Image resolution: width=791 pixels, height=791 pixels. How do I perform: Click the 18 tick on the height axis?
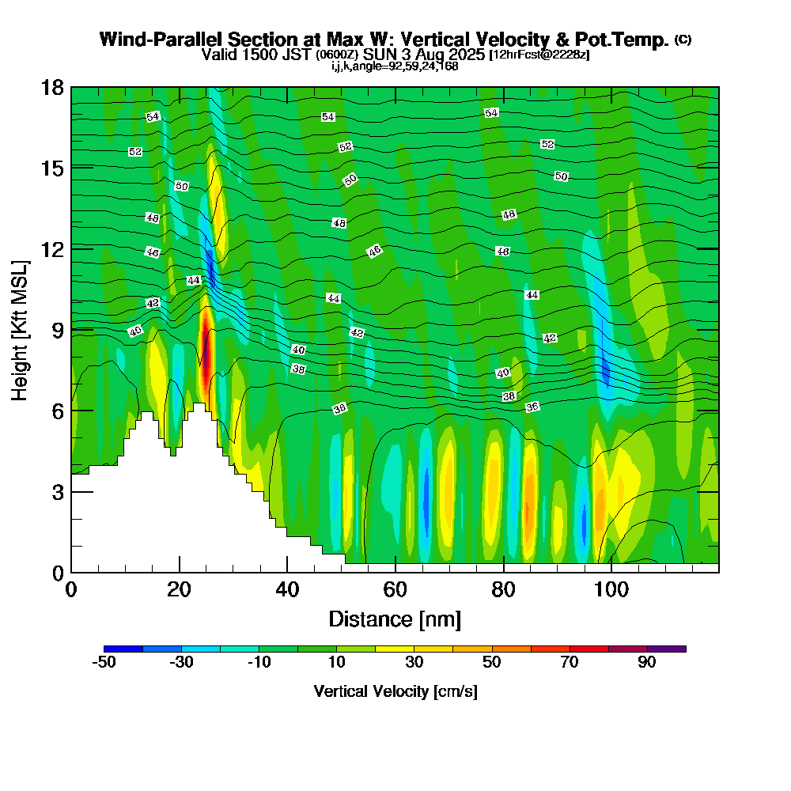click(x=71, y=86)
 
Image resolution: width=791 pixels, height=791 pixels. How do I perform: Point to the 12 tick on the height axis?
click(x=71, y=248)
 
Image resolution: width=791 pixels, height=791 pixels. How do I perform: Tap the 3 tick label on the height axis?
click(x=56, y=491)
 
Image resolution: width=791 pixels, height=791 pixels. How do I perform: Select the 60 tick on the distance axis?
click(x=395, y=572)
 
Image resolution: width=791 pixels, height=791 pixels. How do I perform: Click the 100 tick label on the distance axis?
click(x=611, y=590)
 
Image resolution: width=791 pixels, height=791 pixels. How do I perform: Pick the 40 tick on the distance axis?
click(x=287, y=572)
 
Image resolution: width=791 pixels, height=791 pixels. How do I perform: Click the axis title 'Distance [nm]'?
click(x=395, y=619)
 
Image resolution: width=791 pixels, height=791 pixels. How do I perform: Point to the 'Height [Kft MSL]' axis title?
click(x=20, y=329)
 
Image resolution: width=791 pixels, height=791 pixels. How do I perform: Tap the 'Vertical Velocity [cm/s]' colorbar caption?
click(x=395, y=691)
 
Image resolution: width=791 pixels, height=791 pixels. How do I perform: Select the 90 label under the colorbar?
click(x=647, y=663)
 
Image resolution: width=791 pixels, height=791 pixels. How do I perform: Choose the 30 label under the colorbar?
click(x=414, y=663)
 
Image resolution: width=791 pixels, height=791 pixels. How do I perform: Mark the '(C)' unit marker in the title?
click(x=683, y=40)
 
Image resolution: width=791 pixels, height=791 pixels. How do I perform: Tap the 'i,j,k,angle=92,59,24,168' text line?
click(x=395, y=66)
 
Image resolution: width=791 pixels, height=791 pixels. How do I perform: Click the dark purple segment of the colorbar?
click(x=666, y=649)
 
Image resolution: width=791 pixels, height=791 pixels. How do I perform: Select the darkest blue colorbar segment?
click(x=123, y=649)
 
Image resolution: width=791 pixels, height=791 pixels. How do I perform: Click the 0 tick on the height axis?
click(x=71, y=572)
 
